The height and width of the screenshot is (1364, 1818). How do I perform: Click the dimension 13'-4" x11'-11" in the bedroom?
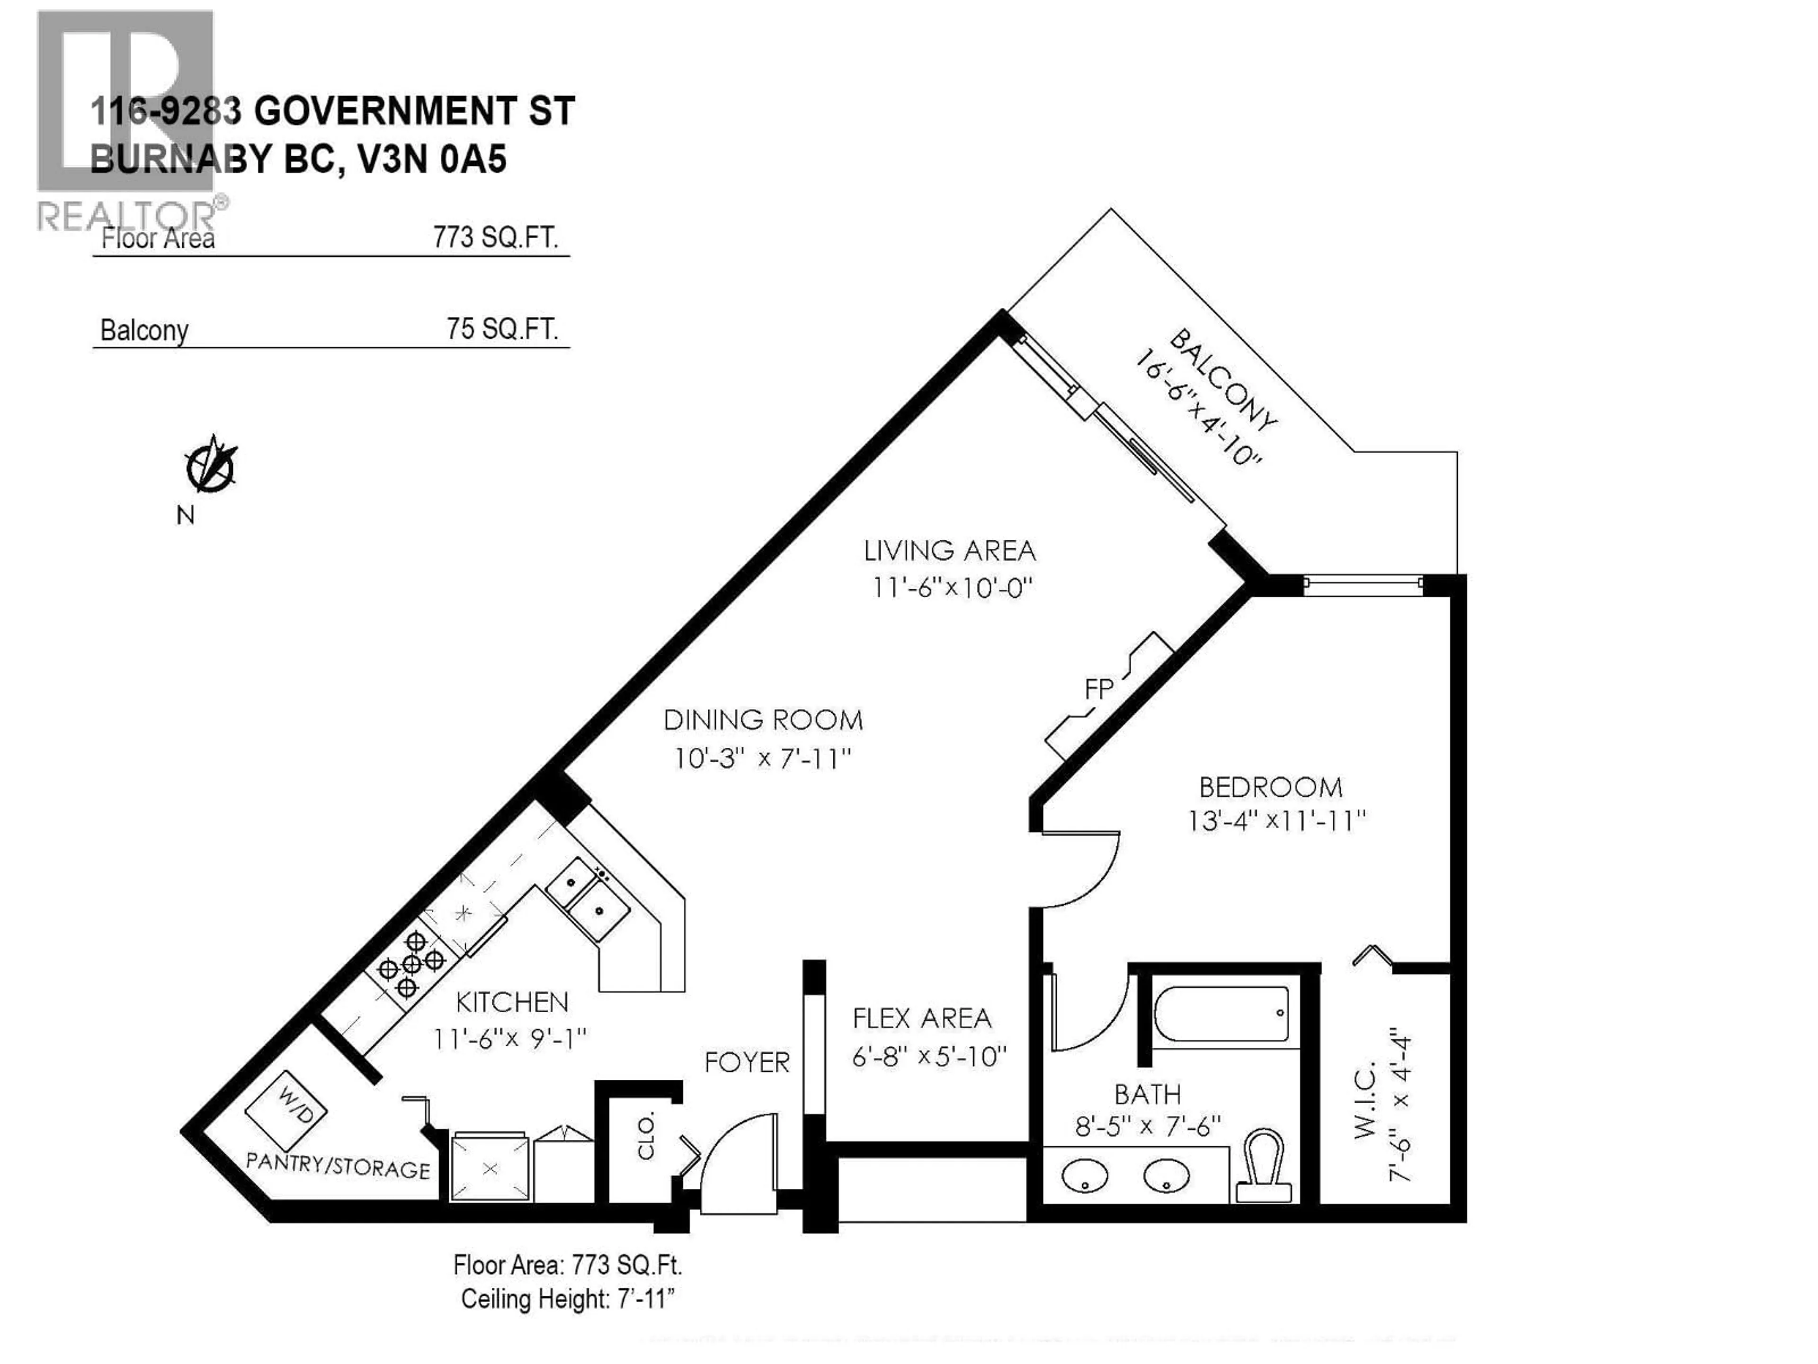coord(1276,821)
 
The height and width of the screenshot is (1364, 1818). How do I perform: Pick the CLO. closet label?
coord(646,1136)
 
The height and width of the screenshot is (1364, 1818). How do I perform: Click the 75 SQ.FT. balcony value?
coord(502,329)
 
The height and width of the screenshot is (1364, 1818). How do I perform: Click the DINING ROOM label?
coord(763,720)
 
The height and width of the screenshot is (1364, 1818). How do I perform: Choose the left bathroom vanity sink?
coord(1085,1176)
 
